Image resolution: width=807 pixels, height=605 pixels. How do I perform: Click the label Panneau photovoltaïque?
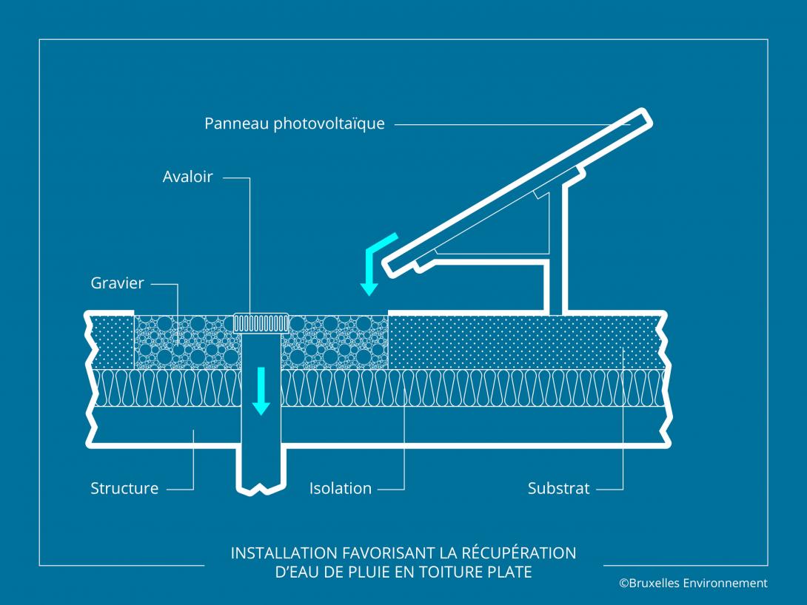294,124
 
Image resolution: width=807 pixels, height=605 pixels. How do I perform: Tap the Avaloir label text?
187,177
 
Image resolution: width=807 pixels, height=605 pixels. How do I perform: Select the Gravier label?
117,283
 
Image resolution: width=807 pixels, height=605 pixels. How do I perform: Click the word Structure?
124,488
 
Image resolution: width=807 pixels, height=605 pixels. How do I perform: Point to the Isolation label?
340,488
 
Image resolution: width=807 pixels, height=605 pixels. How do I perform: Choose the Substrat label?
558,488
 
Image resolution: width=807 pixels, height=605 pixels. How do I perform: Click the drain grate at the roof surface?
261,322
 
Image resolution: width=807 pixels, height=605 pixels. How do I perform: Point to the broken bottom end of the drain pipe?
261,488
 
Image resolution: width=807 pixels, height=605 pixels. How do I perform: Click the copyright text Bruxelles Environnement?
693,584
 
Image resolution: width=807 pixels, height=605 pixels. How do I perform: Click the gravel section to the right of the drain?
337,342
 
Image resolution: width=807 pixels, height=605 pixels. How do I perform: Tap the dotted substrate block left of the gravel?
112,342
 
